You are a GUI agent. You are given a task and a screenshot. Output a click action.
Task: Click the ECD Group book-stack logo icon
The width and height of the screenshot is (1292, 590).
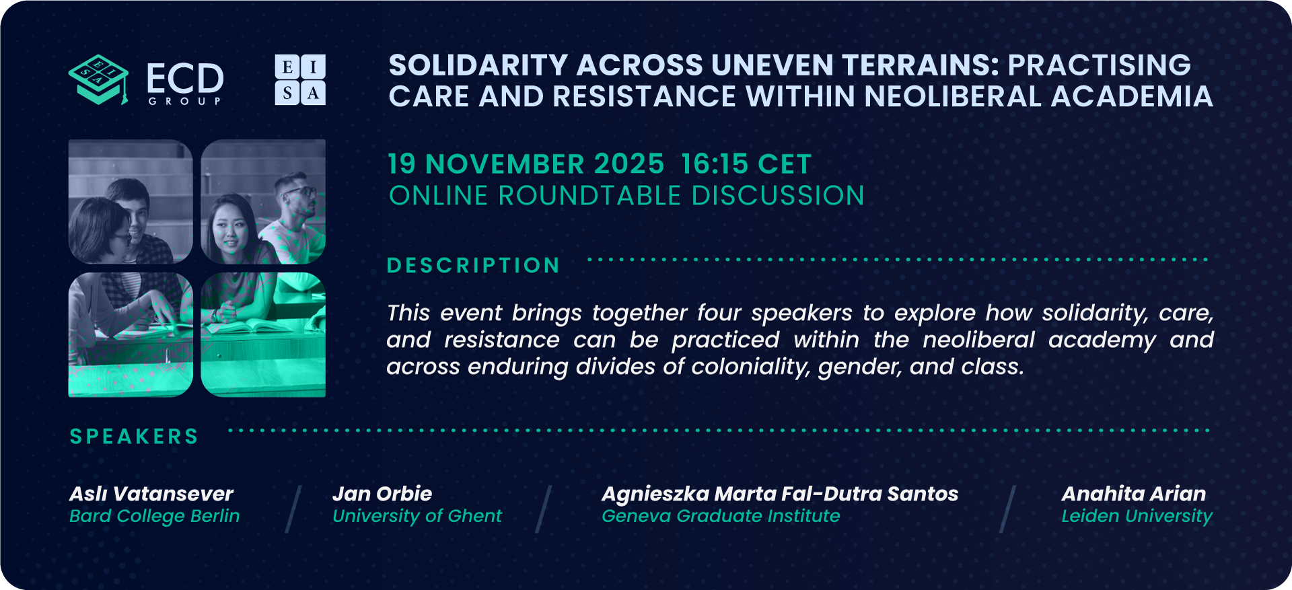(98, 79)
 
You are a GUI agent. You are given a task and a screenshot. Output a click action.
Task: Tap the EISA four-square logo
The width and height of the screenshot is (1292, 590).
(300, 79)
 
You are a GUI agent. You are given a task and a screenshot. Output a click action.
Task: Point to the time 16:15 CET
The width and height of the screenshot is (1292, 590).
(746, 164)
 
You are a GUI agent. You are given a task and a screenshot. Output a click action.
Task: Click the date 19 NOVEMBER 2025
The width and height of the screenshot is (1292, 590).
(526, 164)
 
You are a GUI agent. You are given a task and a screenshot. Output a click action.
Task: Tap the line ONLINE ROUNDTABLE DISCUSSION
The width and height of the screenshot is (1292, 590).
(626, 196)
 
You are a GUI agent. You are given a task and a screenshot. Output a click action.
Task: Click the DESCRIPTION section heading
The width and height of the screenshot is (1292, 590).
(474, 266)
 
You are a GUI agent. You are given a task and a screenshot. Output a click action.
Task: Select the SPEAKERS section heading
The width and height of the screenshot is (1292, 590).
(135, 437)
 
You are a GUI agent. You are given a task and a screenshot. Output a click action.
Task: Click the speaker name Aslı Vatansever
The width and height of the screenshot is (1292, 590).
(151, 494)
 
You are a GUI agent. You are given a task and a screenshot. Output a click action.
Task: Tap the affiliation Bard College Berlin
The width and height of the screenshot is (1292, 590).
(154, 516)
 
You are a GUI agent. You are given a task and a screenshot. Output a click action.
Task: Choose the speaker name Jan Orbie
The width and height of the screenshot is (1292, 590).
(382, 494)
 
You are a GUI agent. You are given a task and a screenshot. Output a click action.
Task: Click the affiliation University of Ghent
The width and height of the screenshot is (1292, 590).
(417, 516)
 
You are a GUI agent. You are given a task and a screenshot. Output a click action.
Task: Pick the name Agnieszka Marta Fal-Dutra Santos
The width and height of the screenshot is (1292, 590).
(780, 494)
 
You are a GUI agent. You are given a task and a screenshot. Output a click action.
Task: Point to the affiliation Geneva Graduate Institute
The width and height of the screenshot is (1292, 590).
(721, 516)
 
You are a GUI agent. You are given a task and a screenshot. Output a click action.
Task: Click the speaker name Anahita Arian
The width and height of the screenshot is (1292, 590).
(1134, 494)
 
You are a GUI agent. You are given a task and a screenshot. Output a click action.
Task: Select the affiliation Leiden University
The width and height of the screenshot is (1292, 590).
(1137, 516)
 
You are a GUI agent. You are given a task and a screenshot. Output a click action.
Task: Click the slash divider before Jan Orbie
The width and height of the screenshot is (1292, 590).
(293, 509)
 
